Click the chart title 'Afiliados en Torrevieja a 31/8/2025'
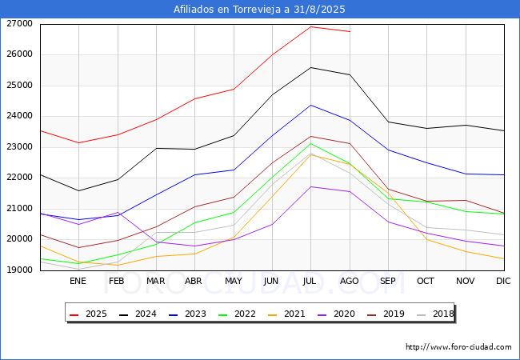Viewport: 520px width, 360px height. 259,10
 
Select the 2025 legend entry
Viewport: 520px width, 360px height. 88,314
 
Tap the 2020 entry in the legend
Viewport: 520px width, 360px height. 336,314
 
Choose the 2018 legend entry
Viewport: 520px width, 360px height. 435,314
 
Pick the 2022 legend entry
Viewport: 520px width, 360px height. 237,314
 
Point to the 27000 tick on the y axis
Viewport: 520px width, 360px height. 19,23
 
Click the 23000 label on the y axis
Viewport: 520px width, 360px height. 19,146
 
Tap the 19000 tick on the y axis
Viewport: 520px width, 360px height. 19,270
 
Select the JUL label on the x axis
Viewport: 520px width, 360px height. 310,281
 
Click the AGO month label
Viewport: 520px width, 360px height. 350,281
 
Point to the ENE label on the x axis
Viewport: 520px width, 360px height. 78,281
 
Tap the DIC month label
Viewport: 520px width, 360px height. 503,281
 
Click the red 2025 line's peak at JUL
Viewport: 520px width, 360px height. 310,26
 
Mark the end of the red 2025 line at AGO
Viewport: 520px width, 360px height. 350,31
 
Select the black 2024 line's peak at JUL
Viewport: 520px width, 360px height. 310,68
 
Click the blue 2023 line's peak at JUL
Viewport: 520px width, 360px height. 310,105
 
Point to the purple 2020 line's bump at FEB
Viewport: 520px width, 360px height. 118,213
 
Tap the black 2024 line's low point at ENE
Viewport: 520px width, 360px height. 79,190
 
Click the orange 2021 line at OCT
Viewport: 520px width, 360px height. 427,239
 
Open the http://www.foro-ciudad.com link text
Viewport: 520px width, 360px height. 458,347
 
